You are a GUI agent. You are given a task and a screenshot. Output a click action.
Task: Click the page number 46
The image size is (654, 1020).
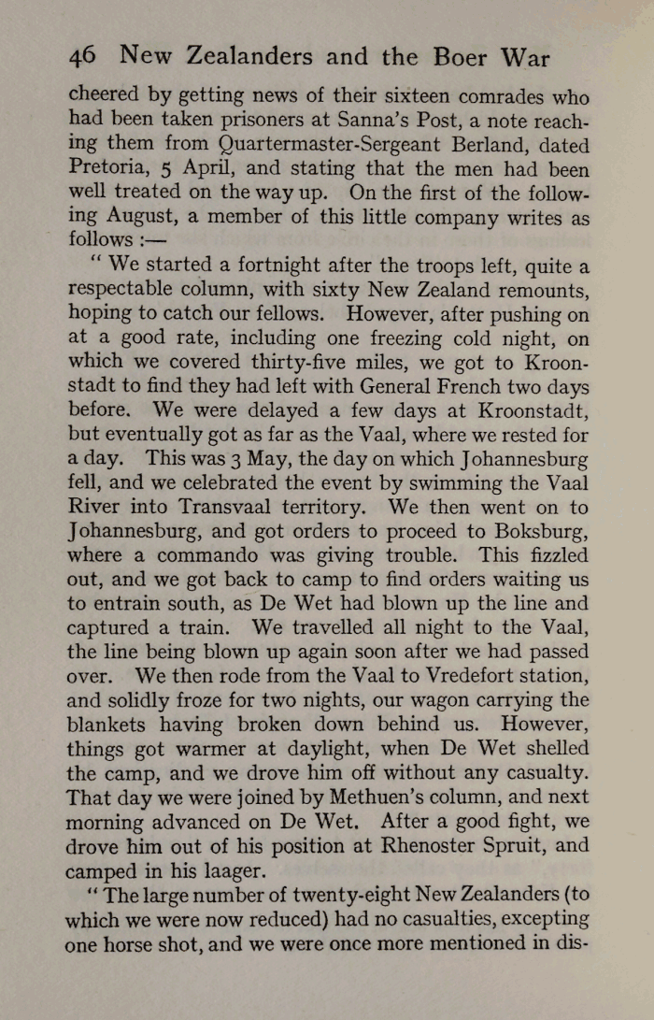82,57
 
